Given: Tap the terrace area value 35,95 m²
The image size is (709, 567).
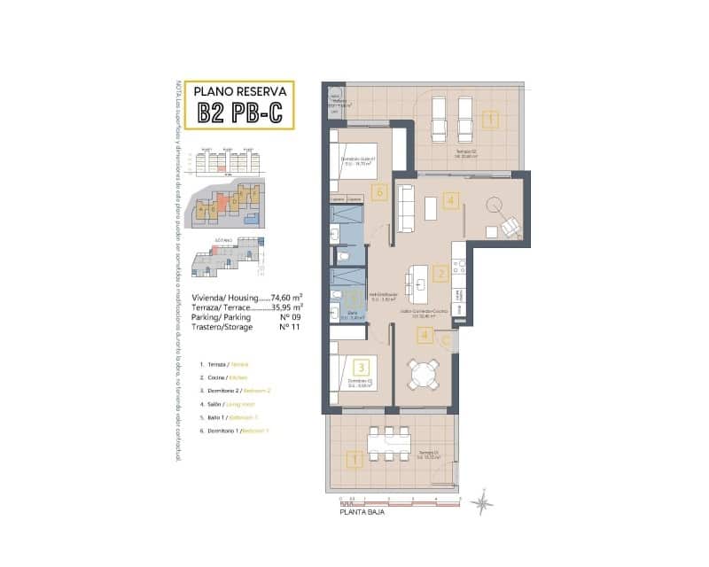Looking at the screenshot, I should [x=288, y=308].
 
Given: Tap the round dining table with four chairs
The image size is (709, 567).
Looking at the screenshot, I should [x=423, y=376].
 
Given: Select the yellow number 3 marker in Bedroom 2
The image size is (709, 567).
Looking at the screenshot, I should [x=361, y=365].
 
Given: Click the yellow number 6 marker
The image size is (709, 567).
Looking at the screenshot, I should [x=379, y=190].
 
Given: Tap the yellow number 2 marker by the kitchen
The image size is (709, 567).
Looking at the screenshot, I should [x=441, y=275].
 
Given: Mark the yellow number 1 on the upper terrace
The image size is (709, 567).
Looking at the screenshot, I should [x=490, y=118].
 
